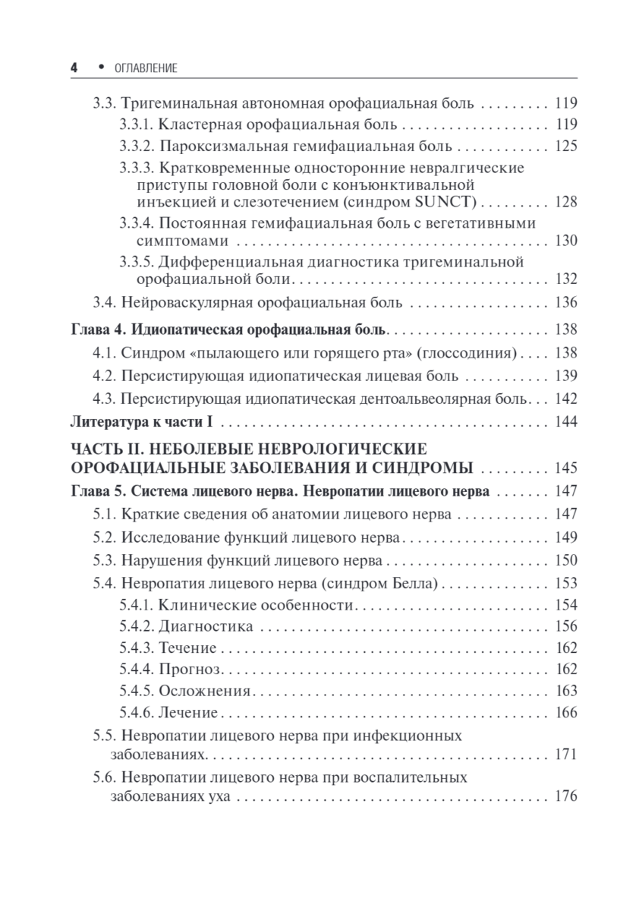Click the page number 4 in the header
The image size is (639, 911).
click(74, 68)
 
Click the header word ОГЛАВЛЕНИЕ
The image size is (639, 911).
click(144, 68)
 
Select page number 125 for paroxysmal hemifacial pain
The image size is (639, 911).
click(565, 146)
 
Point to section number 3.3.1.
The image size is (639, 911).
click(137, 124)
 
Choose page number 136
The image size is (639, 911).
click(565, 303)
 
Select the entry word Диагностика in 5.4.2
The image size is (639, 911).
click(206, 626)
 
